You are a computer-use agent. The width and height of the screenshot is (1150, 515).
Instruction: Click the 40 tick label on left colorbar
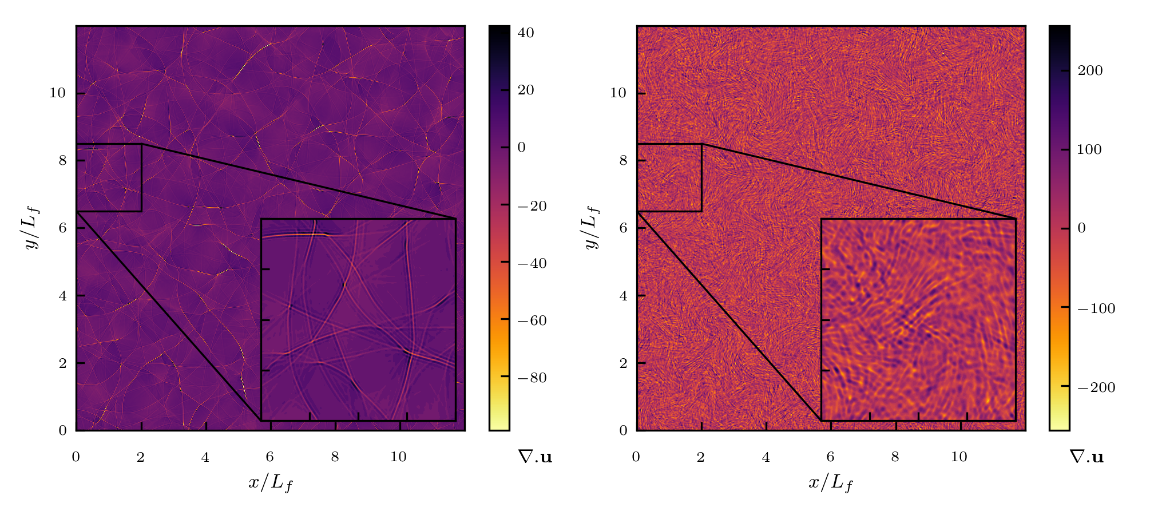pos(525,33)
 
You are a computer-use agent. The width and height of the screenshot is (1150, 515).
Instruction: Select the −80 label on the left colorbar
pos(532,378)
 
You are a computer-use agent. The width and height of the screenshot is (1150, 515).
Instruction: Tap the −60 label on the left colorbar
pos(532,320)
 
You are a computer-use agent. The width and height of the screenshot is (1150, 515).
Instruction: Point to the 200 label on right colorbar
pos(1089,70)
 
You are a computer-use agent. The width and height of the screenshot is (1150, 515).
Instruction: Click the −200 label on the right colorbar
pos(1096,387)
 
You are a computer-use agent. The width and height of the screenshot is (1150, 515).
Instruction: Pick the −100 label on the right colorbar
pos(1096,308)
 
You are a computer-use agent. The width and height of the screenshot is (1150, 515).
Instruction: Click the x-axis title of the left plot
pos(271,483)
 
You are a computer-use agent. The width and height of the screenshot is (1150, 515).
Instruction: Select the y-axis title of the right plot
pos(592,228)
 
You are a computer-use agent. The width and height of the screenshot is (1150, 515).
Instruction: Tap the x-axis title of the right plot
pos(831,483)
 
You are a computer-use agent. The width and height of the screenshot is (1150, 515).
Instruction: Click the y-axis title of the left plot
pos(32,228)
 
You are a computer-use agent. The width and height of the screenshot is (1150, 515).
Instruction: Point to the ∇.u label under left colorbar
pos(535,457)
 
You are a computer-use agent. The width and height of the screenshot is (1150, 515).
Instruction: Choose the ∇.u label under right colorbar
pos(1086,457)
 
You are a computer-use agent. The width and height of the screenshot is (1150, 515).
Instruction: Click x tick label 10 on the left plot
pos(398,457)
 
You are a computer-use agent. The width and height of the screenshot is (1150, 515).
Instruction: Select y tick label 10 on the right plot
pos(618,93)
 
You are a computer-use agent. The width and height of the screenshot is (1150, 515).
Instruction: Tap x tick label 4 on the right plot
pos(766,457)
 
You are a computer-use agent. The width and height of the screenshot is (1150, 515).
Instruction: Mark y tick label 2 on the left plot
pos(62,363)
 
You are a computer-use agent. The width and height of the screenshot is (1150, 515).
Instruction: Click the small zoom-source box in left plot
pos(109,177)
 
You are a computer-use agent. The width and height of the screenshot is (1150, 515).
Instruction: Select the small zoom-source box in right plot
pos(669,177)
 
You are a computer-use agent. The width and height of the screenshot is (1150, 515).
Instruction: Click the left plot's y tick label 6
pos(62,228)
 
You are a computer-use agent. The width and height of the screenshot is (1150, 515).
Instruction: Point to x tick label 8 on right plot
pos(895,457)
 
